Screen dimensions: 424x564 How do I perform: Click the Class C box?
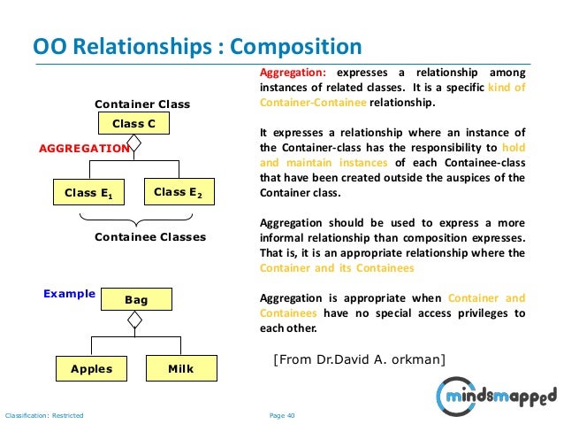(133, 123)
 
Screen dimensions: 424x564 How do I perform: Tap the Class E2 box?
(178, 191)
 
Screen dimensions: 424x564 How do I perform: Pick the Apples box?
(91, 368)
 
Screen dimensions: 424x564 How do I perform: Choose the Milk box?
(180, 368)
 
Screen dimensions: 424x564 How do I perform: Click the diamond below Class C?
(134, 143)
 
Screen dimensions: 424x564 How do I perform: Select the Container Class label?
(142, 104)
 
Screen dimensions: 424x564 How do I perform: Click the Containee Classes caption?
(150, 237)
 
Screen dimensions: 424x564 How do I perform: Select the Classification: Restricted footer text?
(44, 414)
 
